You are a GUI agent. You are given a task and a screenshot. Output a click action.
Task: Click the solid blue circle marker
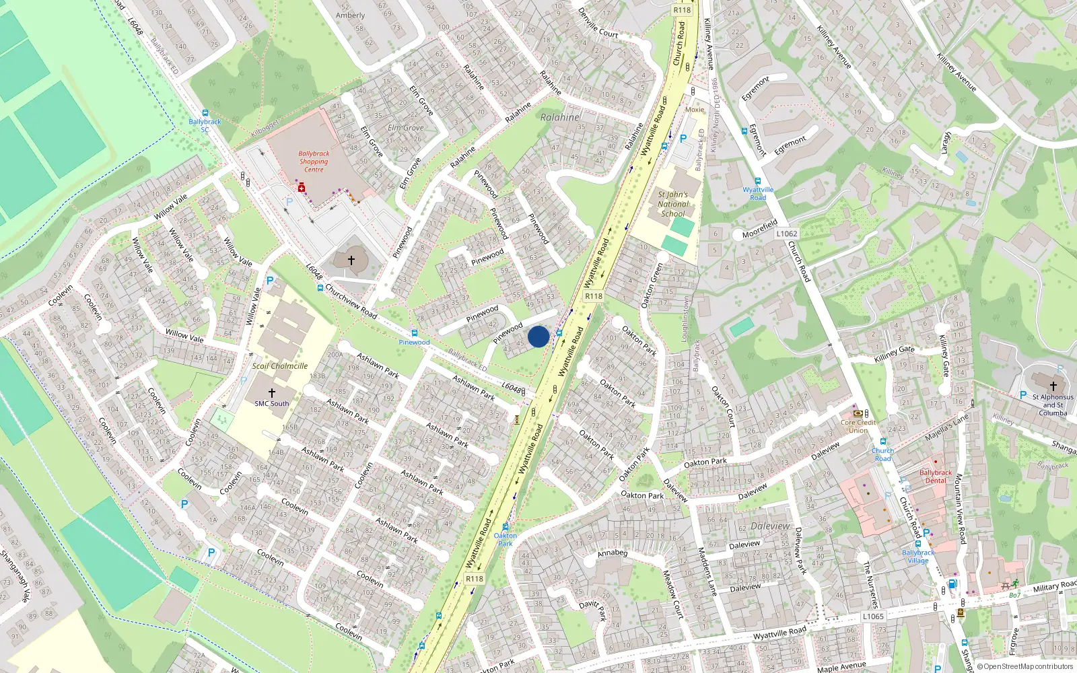pos(538,336)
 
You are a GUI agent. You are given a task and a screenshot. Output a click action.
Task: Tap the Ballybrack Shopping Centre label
pos(314,162)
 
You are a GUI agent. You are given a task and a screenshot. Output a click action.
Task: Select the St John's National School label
pos(672,204)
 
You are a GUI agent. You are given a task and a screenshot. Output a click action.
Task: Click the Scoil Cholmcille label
pos(280,366)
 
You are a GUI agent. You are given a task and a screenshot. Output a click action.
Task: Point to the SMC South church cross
pos(272,392)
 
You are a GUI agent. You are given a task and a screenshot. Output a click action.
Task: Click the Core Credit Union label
pos(858,426)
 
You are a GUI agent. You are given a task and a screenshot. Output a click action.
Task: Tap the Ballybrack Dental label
pos(936,476)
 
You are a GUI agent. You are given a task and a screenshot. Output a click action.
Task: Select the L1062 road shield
pos(786,234)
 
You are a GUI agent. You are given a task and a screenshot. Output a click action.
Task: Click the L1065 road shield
pos(873,616)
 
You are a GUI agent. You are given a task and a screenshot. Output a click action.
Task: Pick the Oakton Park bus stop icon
pos(506,527)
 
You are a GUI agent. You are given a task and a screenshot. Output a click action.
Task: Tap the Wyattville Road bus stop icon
pos(758,181)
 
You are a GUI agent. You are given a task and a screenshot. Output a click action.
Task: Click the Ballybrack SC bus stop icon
pos(205,113)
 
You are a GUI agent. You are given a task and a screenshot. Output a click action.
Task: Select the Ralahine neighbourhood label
pos(559,117)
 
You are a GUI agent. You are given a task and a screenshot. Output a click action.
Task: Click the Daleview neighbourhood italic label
pos(770,526)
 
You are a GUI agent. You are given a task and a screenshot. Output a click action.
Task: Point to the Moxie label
pos(695,110)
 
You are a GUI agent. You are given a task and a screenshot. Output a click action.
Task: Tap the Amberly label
pos(350,15)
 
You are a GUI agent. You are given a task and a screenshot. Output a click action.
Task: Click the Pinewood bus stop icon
pos(414,333)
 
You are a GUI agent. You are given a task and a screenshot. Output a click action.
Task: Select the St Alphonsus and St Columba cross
pos(1053,386)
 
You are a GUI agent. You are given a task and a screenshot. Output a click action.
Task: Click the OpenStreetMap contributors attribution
pos(1024,666)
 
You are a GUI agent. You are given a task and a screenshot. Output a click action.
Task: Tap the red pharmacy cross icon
pos(302,188)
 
